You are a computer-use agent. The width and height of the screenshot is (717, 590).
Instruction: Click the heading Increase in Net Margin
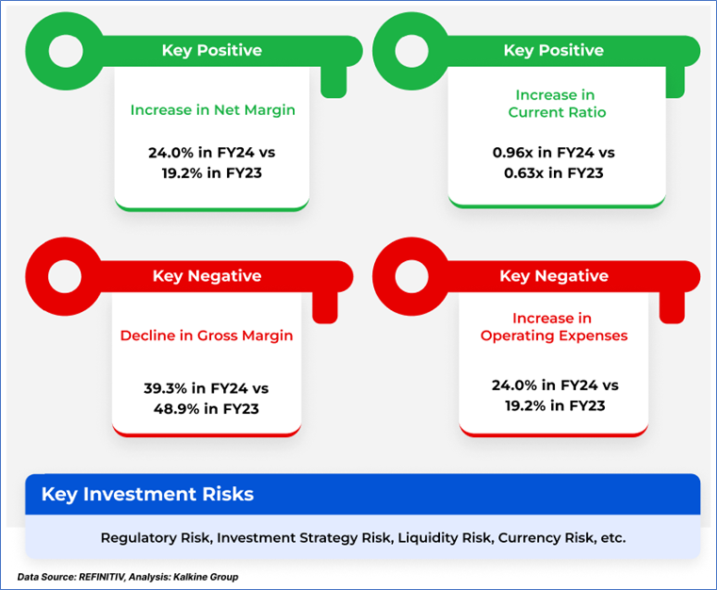(213, 110)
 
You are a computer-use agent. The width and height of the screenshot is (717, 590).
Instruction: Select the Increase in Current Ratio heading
(557, 104)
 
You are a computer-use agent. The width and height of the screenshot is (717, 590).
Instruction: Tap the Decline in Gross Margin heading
(206, 336)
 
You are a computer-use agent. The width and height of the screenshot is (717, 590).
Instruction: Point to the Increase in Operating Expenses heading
(554, 327)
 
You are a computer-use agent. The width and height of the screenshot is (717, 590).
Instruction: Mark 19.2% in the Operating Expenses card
(525, 405)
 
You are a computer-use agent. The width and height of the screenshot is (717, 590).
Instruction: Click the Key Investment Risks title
(147, 495)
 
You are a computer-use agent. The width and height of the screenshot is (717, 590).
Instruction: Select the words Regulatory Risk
(155, 537)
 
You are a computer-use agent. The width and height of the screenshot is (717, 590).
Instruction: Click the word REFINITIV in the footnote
(102, 577)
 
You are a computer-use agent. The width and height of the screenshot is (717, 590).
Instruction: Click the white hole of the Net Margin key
(66, 51)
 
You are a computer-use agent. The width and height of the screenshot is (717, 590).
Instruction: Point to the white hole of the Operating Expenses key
(412, 277)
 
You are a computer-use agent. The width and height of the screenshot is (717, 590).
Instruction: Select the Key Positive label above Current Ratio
(553, 50)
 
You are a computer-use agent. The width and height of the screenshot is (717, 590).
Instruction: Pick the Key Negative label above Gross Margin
(206, 276)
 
